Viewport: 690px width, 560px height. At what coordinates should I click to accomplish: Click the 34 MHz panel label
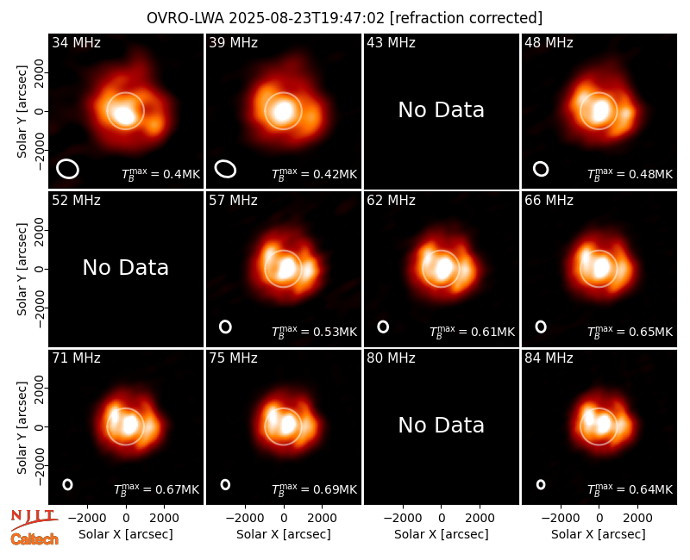click(76, 42)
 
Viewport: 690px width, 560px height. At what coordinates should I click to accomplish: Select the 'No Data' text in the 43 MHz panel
click(441, 110)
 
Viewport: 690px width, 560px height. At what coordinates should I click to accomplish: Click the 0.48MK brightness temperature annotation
click(630, 174)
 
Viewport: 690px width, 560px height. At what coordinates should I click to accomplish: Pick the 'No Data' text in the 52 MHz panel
click(125, 267)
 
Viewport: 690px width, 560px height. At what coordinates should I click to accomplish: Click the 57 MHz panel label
click(233, 201)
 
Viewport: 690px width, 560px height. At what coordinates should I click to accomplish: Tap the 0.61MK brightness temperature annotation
click(472, 332)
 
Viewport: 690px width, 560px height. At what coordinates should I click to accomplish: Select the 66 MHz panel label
click(549, 201)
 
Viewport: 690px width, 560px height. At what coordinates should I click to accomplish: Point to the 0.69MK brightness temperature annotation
click(314, 489)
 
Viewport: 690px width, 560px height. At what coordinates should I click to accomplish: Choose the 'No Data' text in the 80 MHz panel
click(441, 425)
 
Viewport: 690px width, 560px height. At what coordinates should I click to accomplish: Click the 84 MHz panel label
click(549, 358)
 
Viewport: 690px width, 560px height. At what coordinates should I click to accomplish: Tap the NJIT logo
click(34, 519)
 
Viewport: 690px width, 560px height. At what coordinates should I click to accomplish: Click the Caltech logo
click(34, 539)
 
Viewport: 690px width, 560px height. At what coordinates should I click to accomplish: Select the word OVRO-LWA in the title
click(185, 18)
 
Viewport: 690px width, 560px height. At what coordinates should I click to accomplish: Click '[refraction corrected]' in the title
click(466, 18)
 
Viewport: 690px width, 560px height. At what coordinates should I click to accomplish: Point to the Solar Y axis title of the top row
click(21, 112)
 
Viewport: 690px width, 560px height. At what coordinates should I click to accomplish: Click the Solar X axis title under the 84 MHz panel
click(599, 534)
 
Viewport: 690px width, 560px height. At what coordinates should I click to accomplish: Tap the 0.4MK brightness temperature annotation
click(160, 174)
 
